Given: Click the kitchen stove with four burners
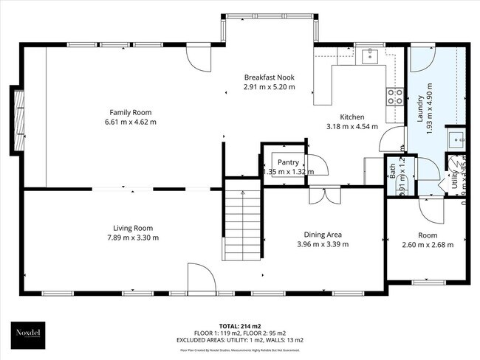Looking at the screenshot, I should tap(394, 94).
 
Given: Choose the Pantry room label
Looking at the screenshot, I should tap(288, 162).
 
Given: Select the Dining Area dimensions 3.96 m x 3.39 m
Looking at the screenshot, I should tap(323, 244).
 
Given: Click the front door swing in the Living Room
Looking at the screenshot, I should tap(201, 279).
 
